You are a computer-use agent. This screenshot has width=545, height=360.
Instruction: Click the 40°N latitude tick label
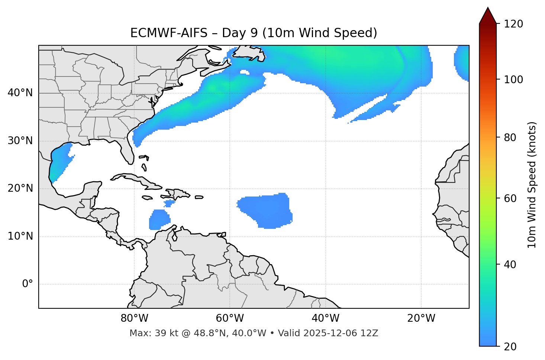(x=20, y=93)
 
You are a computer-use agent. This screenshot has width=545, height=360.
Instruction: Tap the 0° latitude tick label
(x=28, y=284)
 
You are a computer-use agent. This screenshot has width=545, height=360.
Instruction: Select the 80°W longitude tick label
(x=134, y=318)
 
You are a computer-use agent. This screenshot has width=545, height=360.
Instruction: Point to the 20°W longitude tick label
(x=421, y=318)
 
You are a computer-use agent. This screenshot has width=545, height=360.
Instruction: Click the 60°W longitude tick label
(x=230, y=318)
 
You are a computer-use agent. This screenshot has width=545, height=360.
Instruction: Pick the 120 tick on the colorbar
(x=513, y=24)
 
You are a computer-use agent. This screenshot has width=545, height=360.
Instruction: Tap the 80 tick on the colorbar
(x=510, y=137)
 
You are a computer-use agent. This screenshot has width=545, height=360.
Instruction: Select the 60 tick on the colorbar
(x=510, y=198)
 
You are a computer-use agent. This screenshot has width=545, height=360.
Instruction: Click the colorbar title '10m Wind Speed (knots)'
(x=532, y=185)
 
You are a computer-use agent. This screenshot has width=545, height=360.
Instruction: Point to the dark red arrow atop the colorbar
(x=488, y=16)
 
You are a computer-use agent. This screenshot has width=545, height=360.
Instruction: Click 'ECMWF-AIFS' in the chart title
(x=169, y=33)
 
